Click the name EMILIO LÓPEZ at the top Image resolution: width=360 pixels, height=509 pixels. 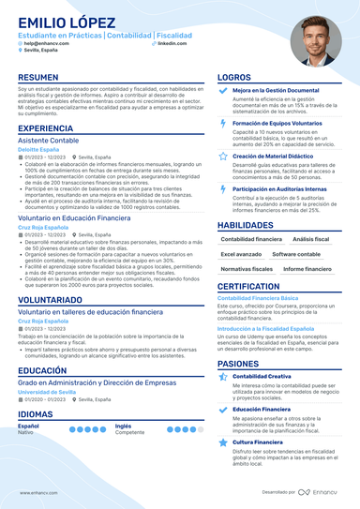[x=59, y=21]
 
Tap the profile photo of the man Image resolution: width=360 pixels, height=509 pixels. [x=314, y=38]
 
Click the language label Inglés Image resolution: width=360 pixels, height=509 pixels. [x=124, y=426]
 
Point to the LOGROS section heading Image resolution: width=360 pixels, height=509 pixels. [x=233, y=78]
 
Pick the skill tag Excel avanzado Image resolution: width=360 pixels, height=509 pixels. [x=242, y=254]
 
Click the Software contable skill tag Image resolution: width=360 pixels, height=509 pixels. [x=296, y=254]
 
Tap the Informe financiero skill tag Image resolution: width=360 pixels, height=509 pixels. [x=306, y=269]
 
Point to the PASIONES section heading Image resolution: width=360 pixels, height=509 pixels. [x=238, y=363]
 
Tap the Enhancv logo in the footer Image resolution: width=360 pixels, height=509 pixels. [x=321, y=491]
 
